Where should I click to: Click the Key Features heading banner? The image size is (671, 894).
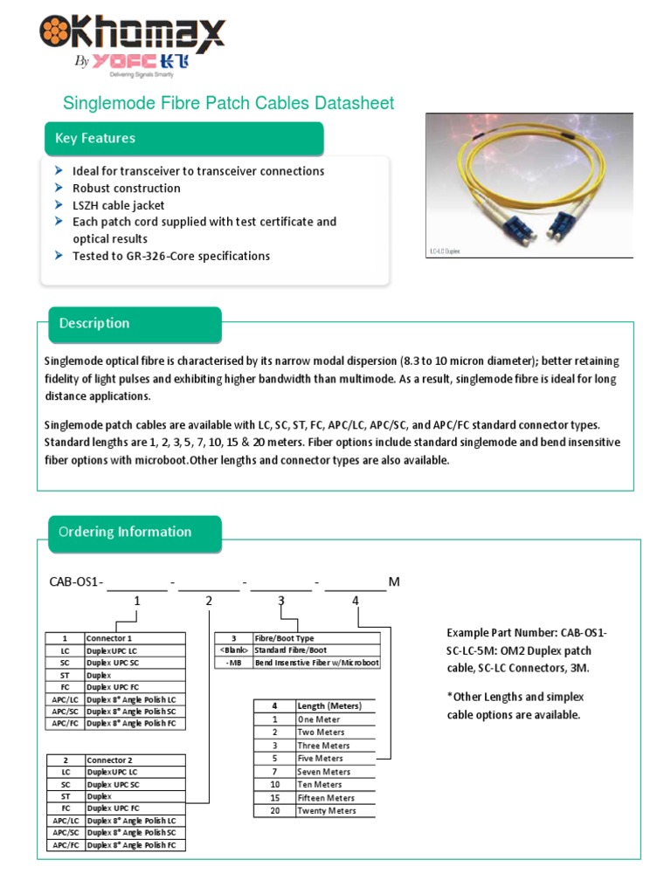tap(183, 139)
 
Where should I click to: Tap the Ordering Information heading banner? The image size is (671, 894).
tap(134, 533)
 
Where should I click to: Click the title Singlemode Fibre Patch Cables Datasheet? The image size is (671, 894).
tap(229, 104)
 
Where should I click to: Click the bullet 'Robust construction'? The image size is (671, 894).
tap(126, 189)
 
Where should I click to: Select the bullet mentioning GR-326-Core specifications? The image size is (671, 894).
tap(170, 256)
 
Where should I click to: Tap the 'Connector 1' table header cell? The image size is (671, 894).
tap(135, 638)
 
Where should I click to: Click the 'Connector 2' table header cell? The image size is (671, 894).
tap(135, 760)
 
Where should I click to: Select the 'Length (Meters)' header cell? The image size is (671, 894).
tap(329, 705)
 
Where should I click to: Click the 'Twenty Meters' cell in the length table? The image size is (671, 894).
tap(327, 811)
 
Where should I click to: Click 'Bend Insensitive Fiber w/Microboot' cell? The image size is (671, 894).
tap(316, 663)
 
